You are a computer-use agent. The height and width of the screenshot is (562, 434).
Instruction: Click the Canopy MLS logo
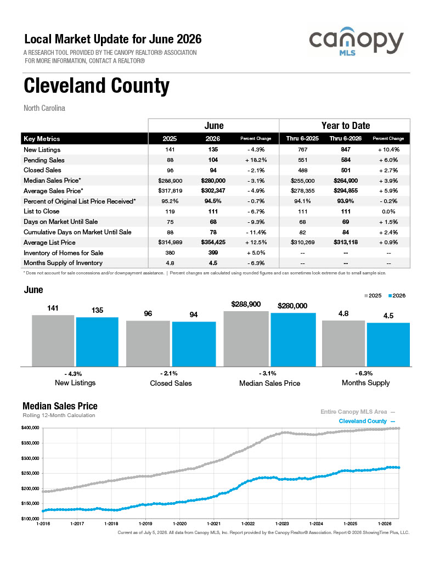[356, 41]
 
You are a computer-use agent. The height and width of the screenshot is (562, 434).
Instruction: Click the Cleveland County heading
[97, 86]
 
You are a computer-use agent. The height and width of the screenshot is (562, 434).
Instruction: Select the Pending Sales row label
[44, 160]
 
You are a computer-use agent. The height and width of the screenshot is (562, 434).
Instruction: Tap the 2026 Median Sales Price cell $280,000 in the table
[213, 181]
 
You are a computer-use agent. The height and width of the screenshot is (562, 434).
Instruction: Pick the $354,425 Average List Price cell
[213, 242]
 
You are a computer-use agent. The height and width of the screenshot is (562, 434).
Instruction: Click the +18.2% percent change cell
[256, 160]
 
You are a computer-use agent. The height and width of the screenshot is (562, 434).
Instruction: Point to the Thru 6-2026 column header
[346, 138]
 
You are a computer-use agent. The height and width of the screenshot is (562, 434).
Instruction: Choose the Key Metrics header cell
[42, 139]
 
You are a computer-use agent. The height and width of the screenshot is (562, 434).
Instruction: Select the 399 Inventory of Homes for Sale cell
[213, 252]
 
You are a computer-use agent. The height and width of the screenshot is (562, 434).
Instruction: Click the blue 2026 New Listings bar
[97, 342]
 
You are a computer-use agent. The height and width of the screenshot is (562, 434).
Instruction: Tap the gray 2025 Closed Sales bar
[148, 344]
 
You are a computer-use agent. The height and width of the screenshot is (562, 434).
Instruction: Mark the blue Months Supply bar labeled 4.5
[388, 345]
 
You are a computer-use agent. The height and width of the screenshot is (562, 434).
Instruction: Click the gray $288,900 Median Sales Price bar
[246, 339]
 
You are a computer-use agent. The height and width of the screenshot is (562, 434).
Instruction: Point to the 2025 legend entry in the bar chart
[373, 296]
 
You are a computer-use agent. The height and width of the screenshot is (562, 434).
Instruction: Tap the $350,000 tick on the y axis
[30, 443]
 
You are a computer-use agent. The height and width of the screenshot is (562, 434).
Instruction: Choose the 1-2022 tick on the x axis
[247, 524]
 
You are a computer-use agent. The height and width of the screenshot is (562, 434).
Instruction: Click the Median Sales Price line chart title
[60, 406]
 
